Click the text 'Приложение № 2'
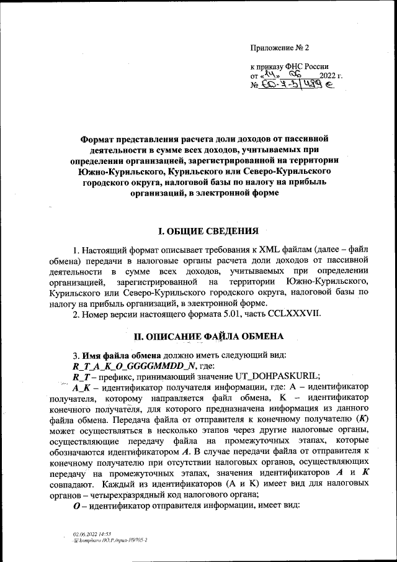[x=279, y=48]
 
